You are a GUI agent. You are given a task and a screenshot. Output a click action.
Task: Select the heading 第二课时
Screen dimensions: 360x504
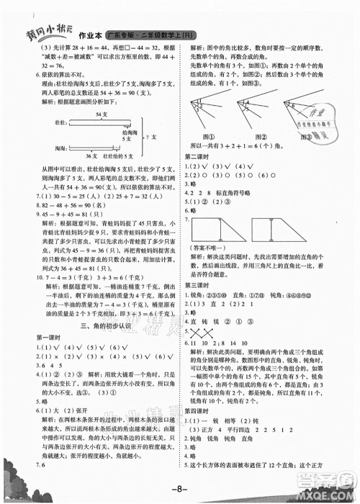[199, 157]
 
